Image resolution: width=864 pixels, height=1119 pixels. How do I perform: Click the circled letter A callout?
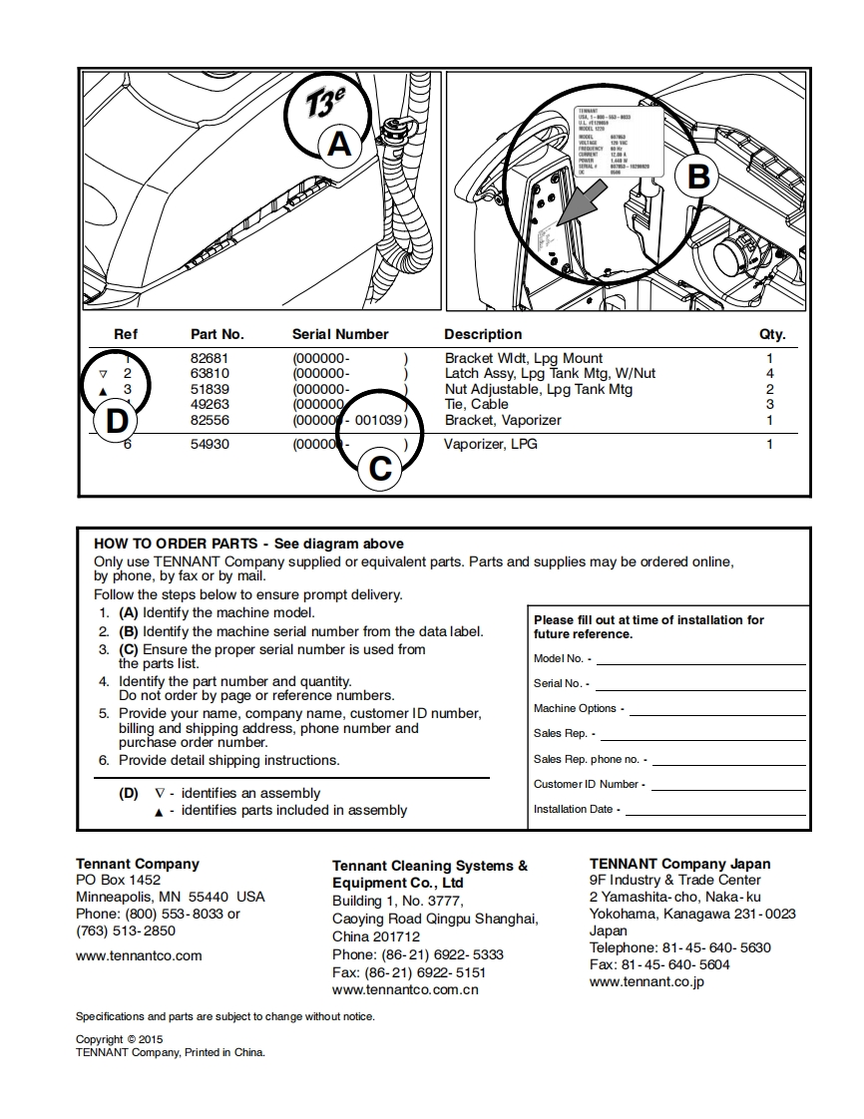[x=339, y=145]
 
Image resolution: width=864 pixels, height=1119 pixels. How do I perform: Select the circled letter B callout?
[x=698, y=177]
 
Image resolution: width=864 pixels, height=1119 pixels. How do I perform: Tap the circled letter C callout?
[x=380, y=468]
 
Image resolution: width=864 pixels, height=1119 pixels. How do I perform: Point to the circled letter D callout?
[x=117, y=421]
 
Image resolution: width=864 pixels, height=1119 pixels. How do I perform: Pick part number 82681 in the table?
[x=210, y=358]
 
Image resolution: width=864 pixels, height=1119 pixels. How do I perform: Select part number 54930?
[x=210, y=444]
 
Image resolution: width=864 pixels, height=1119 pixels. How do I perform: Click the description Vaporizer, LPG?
[x=490, y=444]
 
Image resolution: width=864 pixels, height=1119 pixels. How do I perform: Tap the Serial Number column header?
[x=340, y=334]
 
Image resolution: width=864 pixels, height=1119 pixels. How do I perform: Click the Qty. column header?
[x=772, y=334]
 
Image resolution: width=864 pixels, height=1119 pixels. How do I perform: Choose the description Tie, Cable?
[x=476, y=404]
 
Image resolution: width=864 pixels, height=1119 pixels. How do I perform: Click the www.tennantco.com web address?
[x=139, y=955]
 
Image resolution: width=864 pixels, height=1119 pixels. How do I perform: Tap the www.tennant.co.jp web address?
[x=647, y=981]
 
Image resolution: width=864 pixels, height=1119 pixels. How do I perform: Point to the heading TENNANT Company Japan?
[x=679, y=864]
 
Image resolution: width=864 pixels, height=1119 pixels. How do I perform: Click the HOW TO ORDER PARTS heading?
[x=176, y=544]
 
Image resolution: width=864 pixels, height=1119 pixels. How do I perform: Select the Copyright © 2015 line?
[x=119, y=1039]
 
